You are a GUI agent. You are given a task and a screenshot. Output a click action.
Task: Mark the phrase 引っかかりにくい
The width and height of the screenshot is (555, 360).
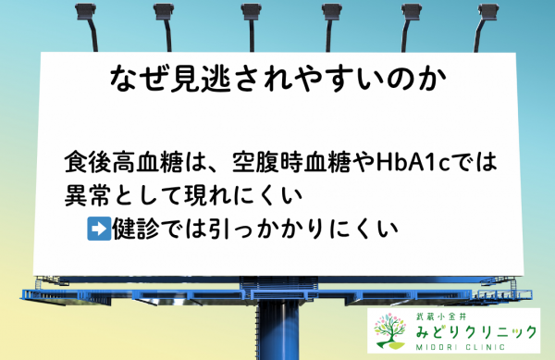pos(296,226)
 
